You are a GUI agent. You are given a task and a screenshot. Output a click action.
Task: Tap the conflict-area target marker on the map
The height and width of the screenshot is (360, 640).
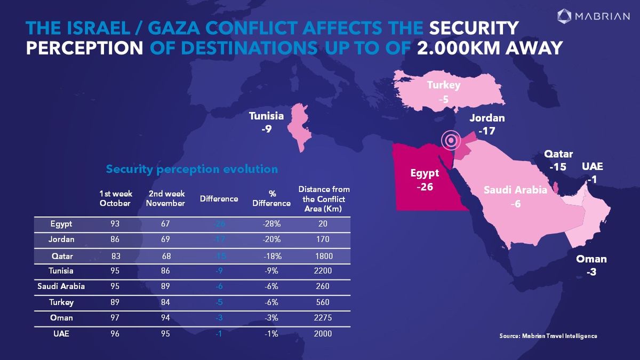point(451,141)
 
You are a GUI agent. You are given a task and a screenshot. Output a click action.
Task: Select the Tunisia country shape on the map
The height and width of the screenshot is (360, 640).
point(295,126)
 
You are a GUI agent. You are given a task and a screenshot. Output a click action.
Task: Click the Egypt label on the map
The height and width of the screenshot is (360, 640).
point(425,173)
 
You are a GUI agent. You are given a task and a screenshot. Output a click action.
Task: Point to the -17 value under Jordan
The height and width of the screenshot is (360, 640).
point(487,130)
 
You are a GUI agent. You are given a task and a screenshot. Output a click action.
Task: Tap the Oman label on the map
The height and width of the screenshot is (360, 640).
point(591,259)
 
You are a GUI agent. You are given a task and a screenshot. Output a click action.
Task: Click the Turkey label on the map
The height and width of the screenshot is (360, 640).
point(443,85)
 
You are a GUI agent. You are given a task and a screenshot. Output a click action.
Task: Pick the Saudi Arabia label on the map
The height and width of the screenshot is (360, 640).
point(515,190)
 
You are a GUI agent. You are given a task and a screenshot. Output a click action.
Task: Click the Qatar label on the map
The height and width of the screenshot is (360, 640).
point(558,154)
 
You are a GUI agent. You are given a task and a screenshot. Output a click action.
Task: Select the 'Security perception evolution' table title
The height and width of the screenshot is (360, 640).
point(192,169)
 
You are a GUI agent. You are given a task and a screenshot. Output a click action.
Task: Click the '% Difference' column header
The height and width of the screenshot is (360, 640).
point(272,198)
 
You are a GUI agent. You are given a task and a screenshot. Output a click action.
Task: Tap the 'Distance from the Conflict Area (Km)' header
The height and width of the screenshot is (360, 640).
point(324,198)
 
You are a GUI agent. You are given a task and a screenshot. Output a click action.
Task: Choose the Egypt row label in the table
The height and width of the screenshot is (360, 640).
point(61,224)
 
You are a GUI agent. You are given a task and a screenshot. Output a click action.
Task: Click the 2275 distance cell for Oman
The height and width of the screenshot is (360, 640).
point(324,318)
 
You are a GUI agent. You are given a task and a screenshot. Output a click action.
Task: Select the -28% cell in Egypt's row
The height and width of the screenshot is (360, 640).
point(272,224)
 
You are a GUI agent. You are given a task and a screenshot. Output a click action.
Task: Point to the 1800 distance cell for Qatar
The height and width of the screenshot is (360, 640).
point(324,256)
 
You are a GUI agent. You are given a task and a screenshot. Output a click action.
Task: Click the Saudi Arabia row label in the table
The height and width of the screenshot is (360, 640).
point(61,286)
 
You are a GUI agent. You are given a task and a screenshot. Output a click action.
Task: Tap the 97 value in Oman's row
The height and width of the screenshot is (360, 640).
point(115,318)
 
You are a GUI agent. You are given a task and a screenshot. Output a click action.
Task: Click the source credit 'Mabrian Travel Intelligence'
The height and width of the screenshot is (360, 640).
point(548,336)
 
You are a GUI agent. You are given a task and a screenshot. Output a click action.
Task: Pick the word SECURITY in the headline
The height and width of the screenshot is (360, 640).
point(474,28)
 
